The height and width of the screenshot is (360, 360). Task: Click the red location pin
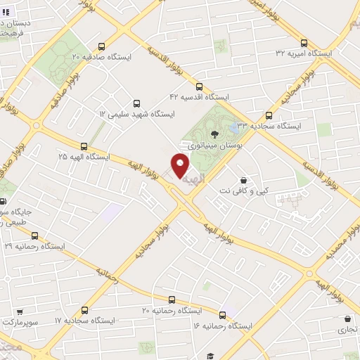point(181,166)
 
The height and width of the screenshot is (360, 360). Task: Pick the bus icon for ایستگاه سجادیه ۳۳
point(269,115)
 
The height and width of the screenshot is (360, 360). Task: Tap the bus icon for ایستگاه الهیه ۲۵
point(84,147)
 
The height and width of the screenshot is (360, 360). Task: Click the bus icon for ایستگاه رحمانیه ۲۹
point(34,236)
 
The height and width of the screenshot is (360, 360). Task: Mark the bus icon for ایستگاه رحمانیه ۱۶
point(224,316)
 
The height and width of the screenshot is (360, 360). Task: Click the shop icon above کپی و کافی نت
point(243,179)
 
